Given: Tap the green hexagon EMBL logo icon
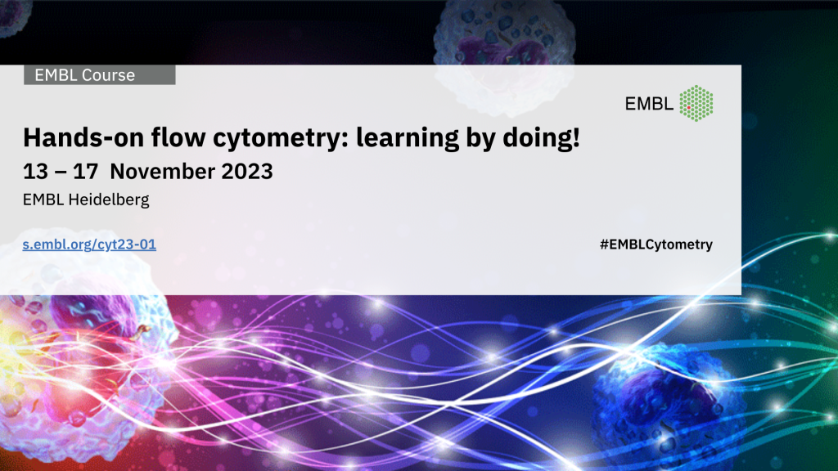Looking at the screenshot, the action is coord(696,103).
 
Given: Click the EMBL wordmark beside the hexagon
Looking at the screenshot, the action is coord(649,104).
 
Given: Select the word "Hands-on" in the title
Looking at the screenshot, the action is coord(83,137).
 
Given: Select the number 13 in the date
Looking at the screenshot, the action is coord(35,172).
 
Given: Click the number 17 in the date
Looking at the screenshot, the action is coord(85,172).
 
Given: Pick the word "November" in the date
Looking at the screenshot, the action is coord(163,172).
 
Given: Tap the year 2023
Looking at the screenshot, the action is coord(247,172).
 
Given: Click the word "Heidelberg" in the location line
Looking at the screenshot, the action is coord(109,200).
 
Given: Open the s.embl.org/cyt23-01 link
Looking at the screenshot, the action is coord(89,244).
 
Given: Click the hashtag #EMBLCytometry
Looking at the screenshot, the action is coord(656,244).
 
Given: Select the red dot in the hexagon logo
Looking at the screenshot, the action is coord(689,108).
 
